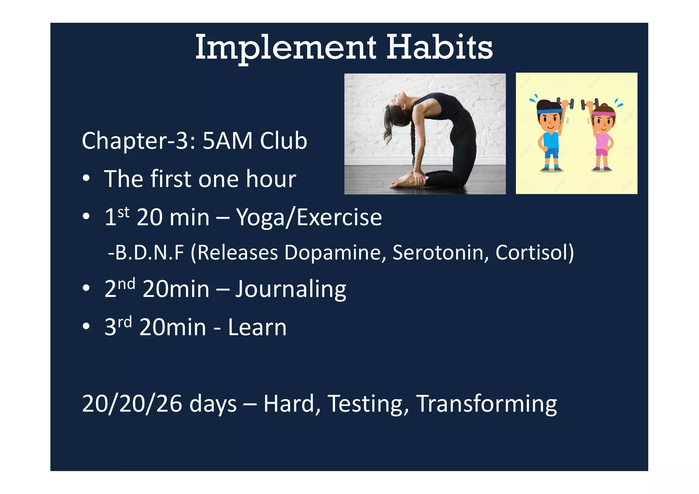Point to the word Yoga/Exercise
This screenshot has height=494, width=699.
[x=309, y=218]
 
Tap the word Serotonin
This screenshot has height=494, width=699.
[x=440, y=252]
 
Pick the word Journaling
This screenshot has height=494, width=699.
[x=291, y=289]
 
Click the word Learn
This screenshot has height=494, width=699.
[x=257, y=327]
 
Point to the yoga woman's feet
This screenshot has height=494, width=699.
[x=403, y=181]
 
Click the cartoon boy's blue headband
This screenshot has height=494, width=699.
[x=549, y=111]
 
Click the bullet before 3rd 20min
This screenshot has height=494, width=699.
[x=86, y=326]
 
